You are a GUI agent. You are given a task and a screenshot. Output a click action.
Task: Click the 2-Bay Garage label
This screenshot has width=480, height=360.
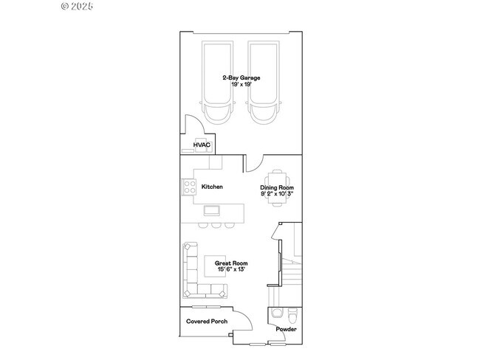[x=241, y=77]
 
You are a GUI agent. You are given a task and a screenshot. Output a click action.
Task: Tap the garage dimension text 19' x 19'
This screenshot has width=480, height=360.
[x=241, y=84]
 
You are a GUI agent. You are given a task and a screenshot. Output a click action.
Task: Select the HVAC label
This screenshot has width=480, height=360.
[x=202, y=145]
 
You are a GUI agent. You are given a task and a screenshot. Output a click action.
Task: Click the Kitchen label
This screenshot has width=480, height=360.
[x=212, y=187]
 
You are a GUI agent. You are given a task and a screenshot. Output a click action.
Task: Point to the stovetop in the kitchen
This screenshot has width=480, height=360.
[x=189, y=187]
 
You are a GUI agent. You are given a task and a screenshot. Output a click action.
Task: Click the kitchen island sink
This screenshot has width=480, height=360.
[x=212, y=210]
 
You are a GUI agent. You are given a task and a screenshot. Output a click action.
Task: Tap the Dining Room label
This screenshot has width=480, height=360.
[x=277, y=187]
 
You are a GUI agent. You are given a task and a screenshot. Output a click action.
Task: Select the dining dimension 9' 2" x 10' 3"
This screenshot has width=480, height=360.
[x=277, y=193]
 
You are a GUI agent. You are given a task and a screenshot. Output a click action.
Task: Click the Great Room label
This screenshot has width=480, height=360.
[x=231, y=263]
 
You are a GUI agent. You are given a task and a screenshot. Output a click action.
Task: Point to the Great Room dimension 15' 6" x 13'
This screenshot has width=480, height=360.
[x=231, y=269]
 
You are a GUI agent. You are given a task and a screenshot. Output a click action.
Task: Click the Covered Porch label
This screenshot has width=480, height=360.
[x=207, y=321]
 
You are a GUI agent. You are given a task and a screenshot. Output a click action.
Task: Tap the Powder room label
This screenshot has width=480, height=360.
[x=287, y=329]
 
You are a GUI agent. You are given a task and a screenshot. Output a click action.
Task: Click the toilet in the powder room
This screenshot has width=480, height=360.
[x=293, y=316]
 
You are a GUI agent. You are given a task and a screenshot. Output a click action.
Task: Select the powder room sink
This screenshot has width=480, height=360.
[x=278, y=314]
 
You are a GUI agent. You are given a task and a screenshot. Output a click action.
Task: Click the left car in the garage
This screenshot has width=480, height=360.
[x=217, y=83]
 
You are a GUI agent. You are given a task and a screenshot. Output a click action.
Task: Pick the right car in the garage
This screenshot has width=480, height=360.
[x=264, y=83]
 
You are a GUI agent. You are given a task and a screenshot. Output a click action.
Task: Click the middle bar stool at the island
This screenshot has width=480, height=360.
[x=216, y=226]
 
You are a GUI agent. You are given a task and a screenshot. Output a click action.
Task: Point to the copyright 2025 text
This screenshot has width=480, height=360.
[x=77, y=6]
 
